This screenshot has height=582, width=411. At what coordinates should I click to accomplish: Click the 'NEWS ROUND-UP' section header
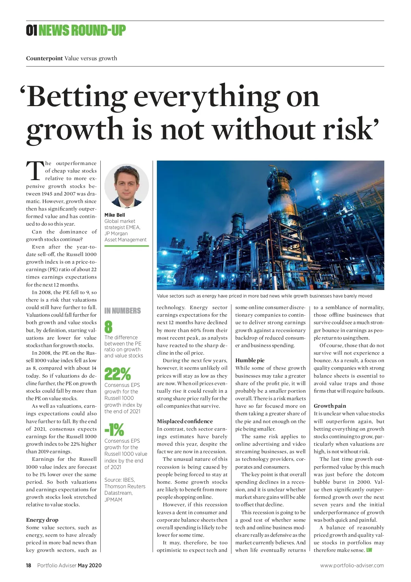click(x=82, y=30)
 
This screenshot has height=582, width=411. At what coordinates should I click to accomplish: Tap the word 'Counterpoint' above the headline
click(x=45, y=58)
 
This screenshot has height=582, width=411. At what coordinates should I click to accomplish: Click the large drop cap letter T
click(x=35, y=171)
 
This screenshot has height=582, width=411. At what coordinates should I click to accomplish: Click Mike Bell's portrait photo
click(x=126, y=186)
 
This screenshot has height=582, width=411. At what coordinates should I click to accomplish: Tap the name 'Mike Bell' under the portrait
click(x=115, y=215)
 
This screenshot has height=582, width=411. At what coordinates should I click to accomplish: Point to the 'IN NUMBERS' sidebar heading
click(x=123, y=311)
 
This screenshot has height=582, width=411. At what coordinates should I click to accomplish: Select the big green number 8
click(x=108, y=327)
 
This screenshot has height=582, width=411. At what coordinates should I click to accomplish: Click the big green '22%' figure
click(x=117, y=374)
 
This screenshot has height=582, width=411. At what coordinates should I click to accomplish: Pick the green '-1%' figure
click(x=114, y=430)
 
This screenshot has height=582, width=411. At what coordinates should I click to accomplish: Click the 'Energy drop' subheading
click(x=42, y=520)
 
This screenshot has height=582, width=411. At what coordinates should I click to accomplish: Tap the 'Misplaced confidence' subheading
click(x=185, y=421)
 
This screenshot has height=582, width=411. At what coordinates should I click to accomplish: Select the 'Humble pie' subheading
click(x=250, y=360)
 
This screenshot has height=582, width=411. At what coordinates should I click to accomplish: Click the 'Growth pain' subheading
click(x=330, y=406)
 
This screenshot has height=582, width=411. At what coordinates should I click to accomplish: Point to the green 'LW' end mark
click(x=369, y=550)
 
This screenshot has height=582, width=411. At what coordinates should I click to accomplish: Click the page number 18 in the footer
click(x=29, y=566)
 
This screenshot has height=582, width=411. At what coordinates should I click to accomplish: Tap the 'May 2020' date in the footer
click(x=90, y=566)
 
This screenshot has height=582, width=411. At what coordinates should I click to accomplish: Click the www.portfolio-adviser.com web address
click(x=352, y=566)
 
